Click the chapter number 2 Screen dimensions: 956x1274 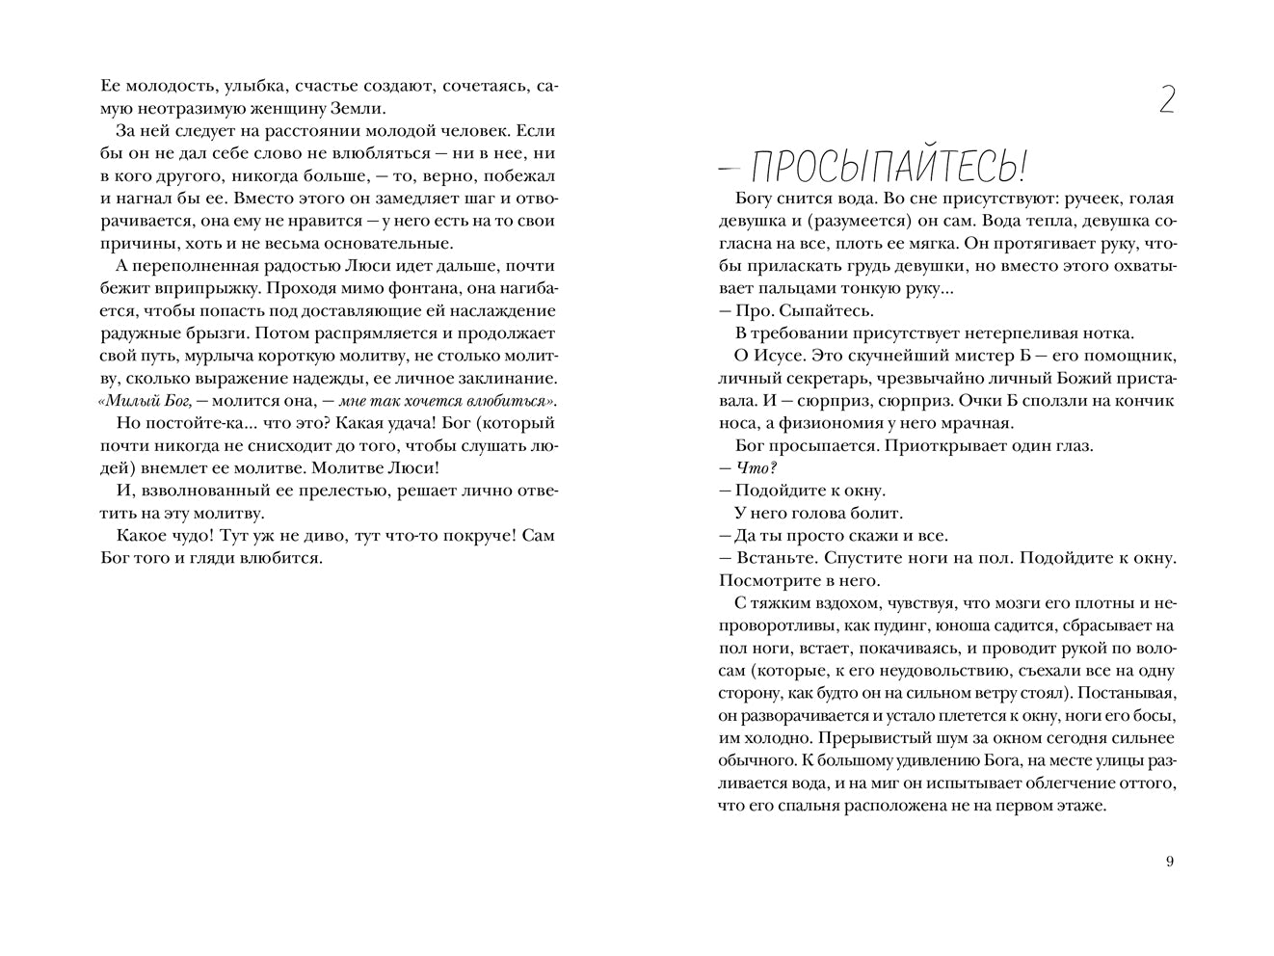tap(1165, 100)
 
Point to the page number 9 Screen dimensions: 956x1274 tap(1170, 862)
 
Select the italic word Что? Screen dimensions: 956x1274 tap(756, 467)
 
